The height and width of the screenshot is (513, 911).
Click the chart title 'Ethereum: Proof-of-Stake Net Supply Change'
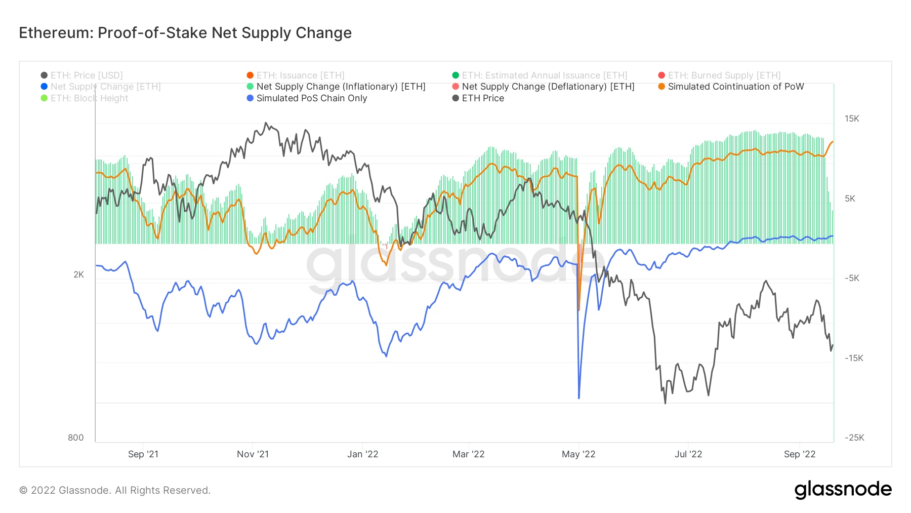coord(185,33)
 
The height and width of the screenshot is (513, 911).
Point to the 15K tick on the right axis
coord(852,119)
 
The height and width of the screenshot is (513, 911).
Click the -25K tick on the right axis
coord(854,438)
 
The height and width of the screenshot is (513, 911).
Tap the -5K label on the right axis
coord(852,278)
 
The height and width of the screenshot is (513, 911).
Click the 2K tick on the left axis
coord(78,274)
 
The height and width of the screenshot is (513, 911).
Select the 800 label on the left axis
coord(76,438)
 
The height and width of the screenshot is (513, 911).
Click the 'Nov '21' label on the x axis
coord(253,454)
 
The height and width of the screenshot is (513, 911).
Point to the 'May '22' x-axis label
coord(578,454)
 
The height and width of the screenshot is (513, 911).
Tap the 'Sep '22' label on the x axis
coord(800,454)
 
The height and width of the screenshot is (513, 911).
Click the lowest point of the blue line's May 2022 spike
coord(578,398)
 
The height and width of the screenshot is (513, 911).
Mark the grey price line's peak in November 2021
coord(266,123)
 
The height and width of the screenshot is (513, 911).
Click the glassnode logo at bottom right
coord(843,490)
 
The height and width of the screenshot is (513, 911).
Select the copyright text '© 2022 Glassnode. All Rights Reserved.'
coord(115,490)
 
